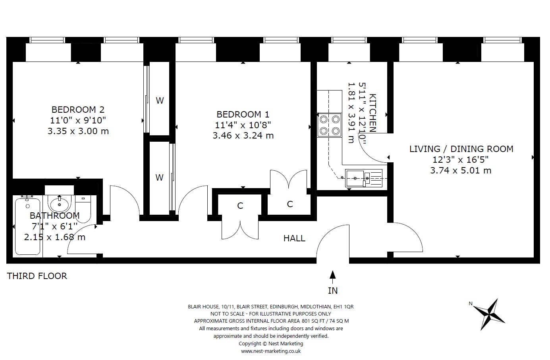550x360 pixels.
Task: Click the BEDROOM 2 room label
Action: point(78,110)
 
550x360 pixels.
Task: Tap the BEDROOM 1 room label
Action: point(243,114)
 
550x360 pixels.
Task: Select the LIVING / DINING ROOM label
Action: point(461,149)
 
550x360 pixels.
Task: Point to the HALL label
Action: point(294,238)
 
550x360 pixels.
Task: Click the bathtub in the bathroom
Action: point(27,226)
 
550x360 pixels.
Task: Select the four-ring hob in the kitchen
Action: point(329,125)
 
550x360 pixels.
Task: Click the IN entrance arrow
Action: point(333,277)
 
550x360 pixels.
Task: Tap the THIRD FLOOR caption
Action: point(37,276)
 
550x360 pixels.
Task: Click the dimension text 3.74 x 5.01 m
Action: point(461,170)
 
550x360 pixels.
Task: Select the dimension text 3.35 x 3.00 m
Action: point(78,131)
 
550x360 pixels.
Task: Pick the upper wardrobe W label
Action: point(160,100)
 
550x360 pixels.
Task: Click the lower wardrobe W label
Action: point(159,177)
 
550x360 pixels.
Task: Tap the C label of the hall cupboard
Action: point(240,206)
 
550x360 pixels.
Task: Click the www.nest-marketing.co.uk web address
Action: point(271,351)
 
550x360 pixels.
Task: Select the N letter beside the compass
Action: point(471,304)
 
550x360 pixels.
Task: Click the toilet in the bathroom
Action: point(83,209)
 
